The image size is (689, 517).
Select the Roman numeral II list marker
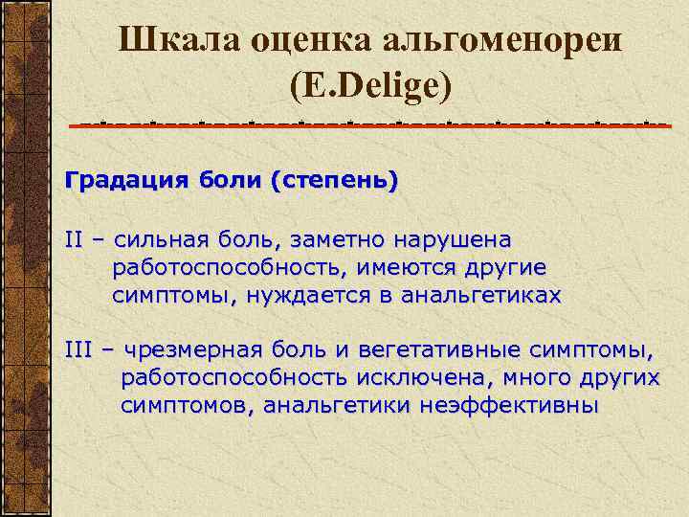75,238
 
